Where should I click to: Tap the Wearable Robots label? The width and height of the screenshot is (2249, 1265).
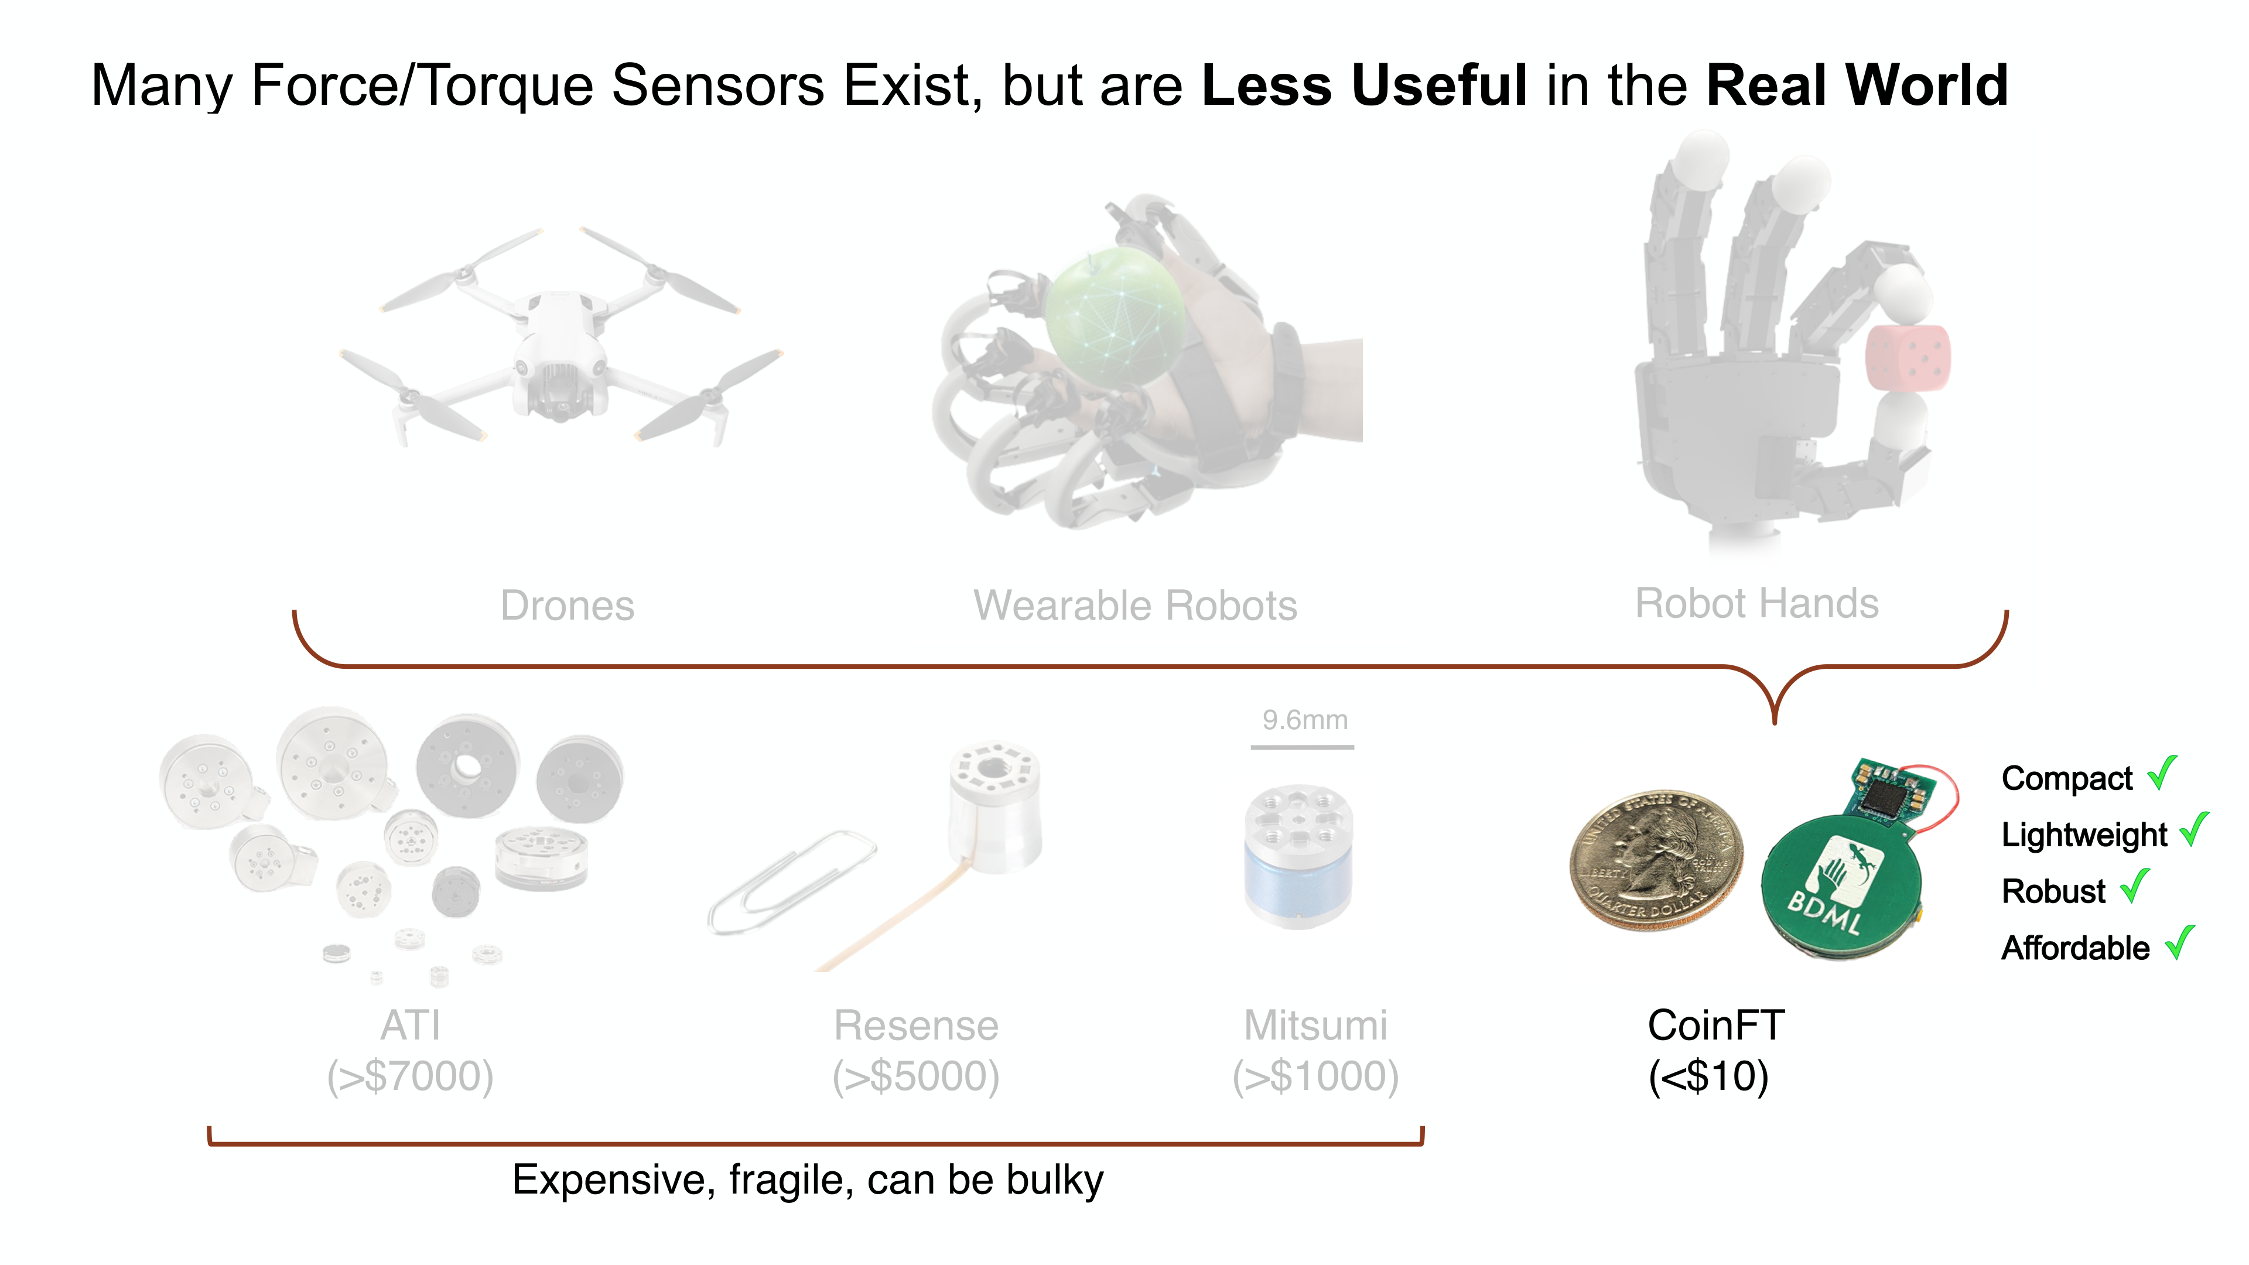pos(1135,605)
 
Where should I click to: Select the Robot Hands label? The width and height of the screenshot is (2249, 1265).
pos(1756,603)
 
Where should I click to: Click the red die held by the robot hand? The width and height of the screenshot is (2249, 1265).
pos(1908,358)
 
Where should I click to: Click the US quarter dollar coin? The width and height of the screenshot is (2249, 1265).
pos(1656,860)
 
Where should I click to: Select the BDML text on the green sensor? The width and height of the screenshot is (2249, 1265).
pos(1825,911)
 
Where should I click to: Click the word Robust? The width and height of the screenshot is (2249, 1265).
pos(2053,891)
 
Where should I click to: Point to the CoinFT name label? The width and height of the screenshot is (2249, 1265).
pos(1715,1025)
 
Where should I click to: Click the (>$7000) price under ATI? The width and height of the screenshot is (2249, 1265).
pos(411,1076)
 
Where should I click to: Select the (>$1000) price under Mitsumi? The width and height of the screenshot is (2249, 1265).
pos(1315,1076)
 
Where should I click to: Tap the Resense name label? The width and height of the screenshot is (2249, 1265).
pos(916,1025)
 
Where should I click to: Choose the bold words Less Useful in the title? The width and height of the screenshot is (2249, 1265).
pos(1365,85)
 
